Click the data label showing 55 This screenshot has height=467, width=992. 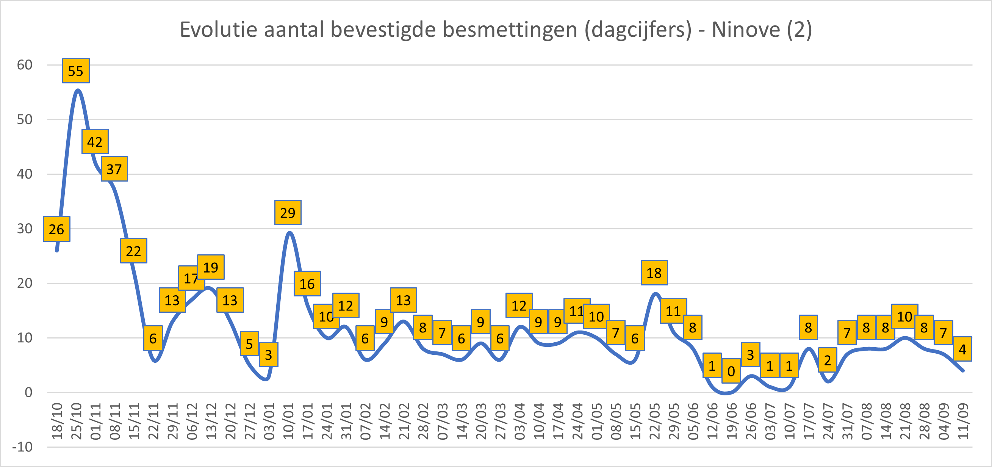click(x=76, y=71)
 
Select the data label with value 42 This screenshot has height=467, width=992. click(x=95, y=142)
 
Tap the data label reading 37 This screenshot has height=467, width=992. click(x=114, y=169)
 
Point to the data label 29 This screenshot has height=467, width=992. click(x=288, y=213)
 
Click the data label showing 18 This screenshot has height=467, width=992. click(x=654, y=273)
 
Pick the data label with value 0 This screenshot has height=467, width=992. click(x=731, y=371)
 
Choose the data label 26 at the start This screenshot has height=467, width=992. click(x=56, y=229)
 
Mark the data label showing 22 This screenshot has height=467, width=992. click(x=134, y=251)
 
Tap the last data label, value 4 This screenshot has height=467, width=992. click(x=962, y=349)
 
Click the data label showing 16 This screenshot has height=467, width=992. click(x=307, y=284)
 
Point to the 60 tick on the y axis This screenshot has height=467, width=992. click(x=25, y=65)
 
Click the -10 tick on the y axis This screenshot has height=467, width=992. click(x=22, y=447)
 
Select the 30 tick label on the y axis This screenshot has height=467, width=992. click(x=25, y=229)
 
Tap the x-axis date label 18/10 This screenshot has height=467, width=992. click(x=57, y=422)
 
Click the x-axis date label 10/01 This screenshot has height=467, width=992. click(x=288, y=422)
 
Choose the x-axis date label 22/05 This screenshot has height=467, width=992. click(x=655, y=422)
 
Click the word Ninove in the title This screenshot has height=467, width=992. click(x=746, y=29)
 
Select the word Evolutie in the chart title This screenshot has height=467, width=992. click(x=219, y=29)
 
